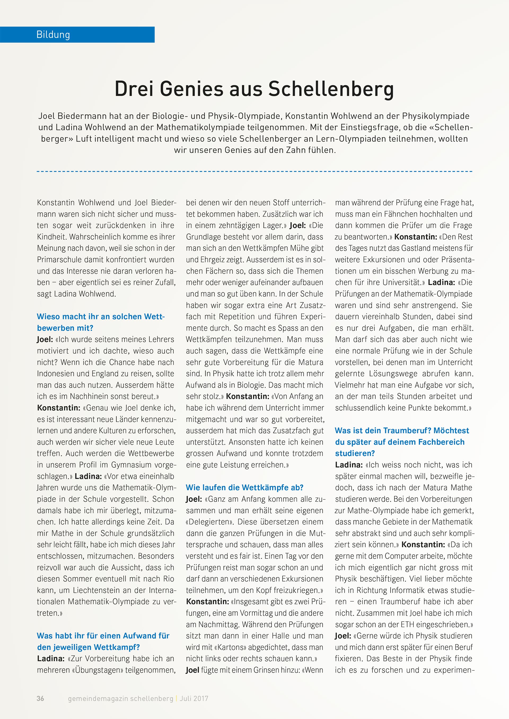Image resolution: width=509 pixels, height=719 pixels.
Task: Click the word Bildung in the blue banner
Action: coord(53,34)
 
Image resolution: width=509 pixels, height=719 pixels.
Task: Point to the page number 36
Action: coord(41,698)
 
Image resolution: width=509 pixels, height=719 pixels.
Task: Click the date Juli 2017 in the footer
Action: coord(194,698)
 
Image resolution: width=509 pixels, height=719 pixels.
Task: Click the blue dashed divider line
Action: coord(254,171)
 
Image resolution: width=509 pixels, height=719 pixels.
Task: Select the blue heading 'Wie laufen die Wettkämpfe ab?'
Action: coord(244,488)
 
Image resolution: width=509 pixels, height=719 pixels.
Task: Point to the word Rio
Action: coord(168,579)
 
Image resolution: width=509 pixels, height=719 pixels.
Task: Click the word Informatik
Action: coord(409,590)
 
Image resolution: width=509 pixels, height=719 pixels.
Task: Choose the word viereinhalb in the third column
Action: coord(372,316)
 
